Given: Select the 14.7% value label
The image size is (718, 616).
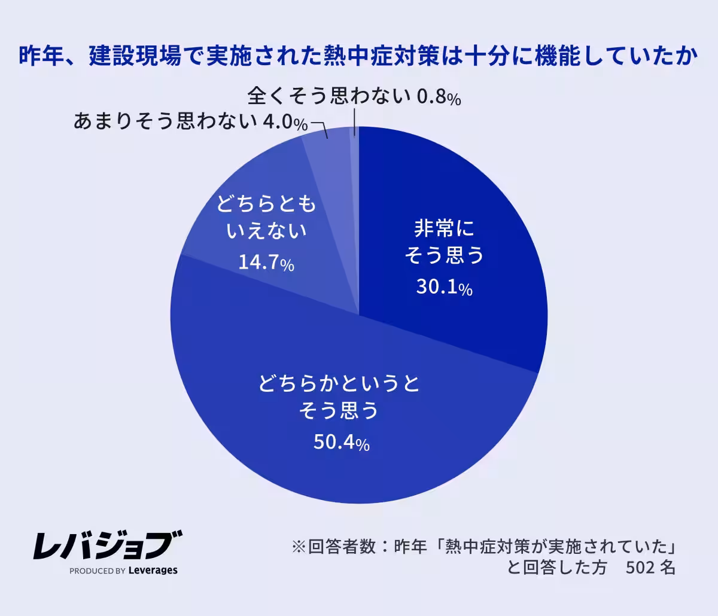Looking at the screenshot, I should click(x=266, y=263).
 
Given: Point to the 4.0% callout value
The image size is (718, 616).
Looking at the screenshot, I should click(x=285, y=123).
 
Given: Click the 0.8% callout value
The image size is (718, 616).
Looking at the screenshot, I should click(x=439, y=97).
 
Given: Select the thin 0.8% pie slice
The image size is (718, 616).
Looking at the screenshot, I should click(x=355, y=179).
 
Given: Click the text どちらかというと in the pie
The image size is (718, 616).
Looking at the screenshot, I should click(x=339, y=383).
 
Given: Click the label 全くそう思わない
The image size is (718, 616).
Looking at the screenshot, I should click(x=328, y=96).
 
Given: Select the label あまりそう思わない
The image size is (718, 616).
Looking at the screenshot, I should click(x=166, y=122).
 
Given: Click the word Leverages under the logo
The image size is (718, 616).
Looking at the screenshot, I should click(x=153, y=571).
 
